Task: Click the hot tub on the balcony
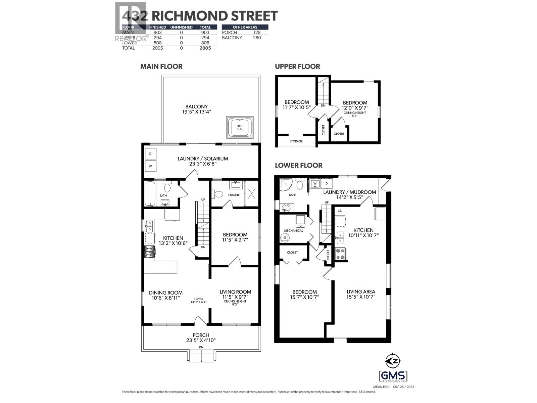pyautogui.click(x=240, y=128)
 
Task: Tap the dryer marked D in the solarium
pyautogui.click(x=150, y=154)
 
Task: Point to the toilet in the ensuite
pyautogui.click(x=218, y=194)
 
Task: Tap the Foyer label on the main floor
pyautogui.click(x=199, y=299)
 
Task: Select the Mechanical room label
pyautogui.click(x=293, y=231)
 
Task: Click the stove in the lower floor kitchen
pyautogui.click(x=340, y=254)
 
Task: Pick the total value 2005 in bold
pyautogui.click(x=205, y=48)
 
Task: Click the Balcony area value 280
pyautogui.click(x=257, y=38)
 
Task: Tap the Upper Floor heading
pyautogui.click(x=297, y=66)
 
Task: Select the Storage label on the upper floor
pyautogui.click(x=296, y=141)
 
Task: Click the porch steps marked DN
pyautogui.click(x=201, y=356)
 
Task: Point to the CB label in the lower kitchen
pyautogui.click(x=340, y=211)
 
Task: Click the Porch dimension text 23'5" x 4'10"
pyautogui.click(x=201, y=340)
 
